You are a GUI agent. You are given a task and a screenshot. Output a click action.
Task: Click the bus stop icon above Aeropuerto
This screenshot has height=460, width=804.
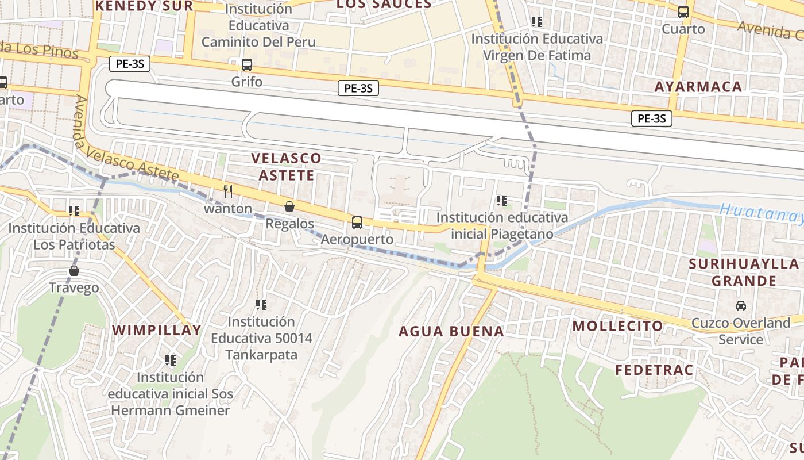[x=357, y=223]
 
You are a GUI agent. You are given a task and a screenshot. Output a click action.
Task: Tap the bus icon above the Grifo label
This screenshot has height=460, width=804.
[x=247, y=65]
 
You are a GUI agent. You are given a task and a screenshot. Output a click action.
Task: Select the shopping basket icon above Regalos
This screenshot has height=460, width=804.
[x=289, y=206]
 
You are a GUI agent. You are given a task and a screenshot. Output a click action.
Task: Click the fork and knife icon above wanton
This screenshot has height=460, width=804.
[x=228, y=191]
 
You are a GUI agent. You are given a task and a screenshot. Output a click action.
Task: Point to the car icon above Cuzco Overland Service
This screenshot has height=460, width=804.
[x=741, y=306]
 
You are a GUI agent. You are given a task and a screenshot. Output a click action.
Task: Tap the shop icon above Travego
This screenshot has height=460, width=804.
[x=74, y=271]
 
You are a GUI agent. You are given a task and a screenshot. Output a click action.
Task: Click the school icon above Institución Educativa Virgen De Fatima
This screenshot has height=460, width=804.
[x=537, y=22]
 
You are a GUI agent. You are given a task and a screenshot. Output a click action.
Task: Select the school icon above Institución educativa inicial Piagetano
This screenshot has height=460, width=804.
[x=502, y=201]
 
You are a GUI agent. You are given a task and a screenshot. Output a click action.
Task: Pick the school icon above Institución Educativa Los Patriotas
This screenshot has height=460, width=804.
[x=74, y=211]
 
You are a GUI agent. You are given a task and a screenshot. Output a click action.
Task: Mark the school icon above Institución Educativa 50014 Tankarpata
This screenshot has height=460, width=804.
[x=261, y=304]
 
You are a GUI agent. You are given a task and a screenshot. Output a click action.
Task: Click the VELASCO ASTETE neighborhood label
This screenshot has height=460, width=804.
[x=287, y=166]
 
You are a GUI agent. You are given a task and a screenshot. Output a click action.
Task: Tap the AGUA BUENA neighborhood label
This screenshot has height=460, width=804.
[x=451, y=331]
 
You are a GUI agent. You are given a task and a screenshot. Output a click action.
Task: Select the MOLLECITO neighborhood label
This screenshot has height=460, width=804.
[x=618, y=326]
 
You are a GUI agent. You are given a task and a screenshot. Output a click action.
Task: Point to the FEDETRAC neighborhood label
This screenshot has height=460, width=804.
[x=654, y=370]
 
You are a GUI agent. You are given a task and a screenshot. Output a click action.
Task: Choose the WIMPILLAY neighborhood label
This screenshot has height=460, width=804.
[x=157, y=330]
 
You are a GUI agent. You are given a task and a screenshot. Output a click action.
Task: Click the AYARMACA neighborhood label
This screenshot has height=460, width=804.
[x=698, y=87]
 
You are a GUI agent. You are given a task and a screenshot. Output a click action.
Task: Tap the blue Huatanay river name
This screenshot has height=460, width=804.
[x=761, y=213]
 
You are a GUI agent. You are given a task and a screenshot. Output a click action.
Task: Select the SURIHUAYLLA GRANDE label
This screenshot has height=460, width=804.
[x=744, y=273]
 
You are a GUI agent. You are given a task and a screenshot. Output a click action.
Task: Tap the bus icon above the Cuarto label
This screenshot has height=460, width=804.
[x=683, y=12]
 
